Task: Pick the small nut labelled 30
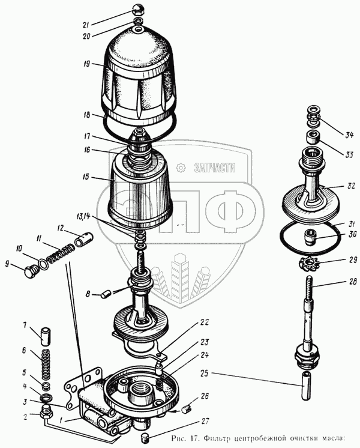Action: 310,237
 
